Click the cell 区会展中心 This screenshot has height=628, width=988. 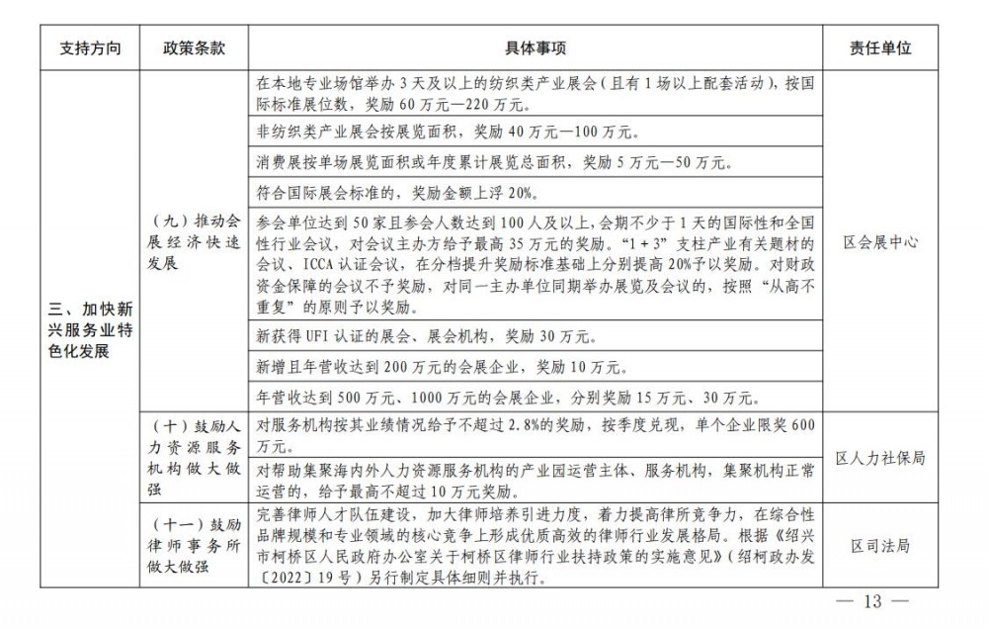coord(879,242)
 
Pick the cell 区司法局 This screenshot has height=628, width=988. coord(879,545)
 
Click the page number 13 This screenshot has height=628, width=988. coord(871,601)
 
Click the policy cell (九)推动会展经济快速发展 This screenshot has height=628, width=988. coord(194,242)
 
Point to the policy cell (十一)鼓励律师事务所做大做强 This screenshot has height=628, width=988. coord(194,545)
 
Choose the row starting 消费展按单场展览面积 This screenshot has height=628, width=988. coord(489,161)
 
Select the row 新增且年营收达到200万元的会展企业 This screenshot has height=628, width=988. coord(440,367)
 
